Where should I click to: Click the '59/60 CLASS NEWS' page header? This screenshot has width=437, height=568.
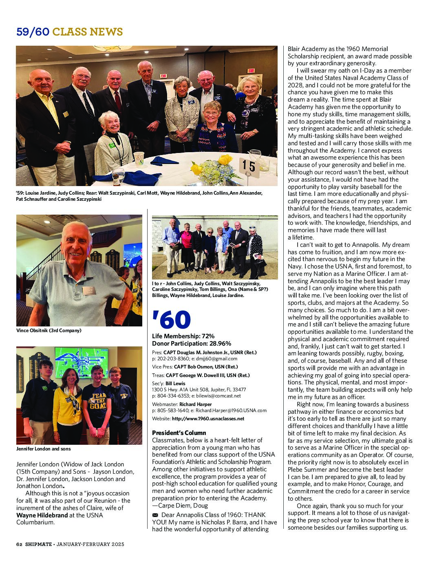tap(69, 32)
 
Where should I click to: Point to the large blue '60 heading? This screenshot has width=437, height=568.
tap(171, 320)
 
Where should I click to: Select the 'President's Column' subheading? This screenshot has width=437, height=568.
tap(179, 433)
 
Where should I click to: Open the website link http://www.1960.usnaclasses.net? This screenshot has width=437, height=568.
tap(208, 418)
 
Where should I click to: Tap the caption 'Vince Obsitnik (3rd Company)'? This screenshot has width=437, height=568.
tap(49, 330)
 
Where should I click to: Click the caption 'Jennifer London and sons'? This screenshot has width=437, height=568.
tap(43, 448)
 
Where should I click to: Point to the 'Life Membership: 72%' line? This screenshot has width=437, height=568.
tap(183, 336)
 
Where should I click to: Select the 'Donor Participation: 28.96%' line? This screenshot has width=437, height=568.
tap(192, 344)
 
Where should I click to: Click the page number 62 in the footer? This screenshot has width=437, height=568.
tap(19, 544)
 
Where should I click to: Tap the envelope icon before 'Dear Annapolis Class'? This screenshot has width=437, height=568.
tap(155, 515)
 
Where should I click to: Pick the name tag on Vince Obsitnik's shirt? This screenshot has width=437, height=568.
tap(88, 290)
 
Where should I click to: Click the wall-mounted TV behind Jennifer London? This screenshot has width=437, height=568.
tap(81, 362)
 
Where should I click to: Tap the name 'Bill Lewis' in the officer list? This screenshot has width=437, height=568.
tap(175, 384)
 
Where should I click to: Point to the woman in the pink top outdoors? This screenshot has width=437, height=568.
tap(187, 241)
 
